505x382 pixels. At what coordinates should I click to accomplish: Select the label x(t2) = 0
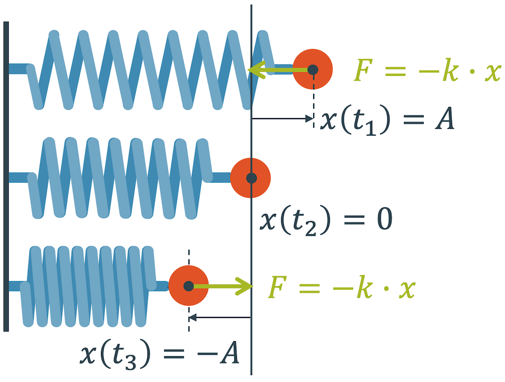pos(326,220)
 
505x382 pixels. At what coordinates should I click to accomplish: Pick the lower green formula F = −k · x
pos(341,288)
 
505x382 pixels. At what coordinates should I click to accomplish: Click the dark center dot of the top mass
pos(313,69)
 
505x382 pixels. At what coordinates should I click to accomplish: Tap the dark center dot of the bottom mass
pos(188,286)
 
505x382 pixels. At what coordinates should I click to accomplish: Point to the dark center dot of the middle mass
pos(250,178)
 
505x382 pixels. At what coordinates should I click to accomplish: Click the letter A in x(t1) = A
pos(443,120)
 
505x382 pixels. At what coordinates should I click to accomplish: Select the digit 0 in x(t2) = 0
pos(383,220)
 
